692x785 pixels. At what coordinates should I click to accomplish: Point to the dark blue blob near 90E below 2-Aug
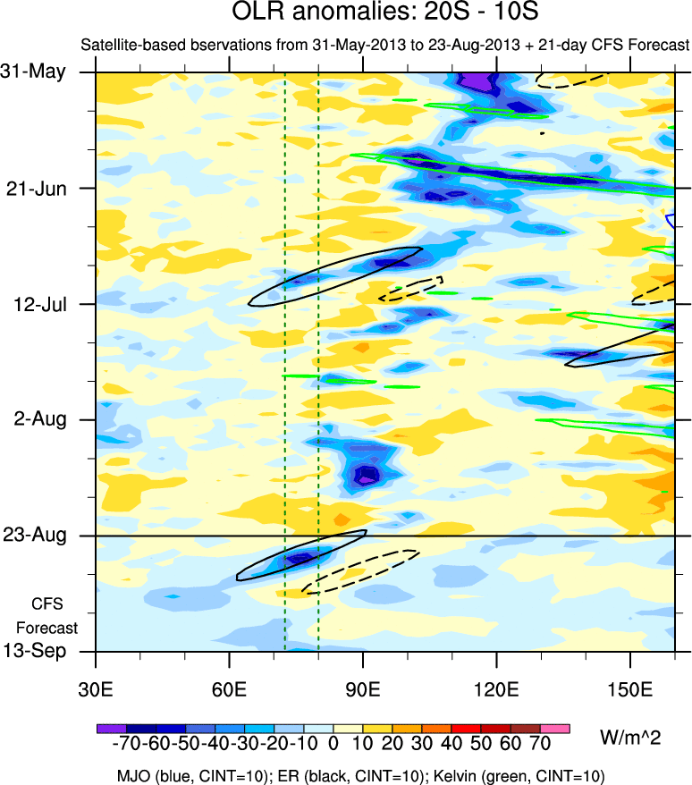[x=365, y=475]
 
